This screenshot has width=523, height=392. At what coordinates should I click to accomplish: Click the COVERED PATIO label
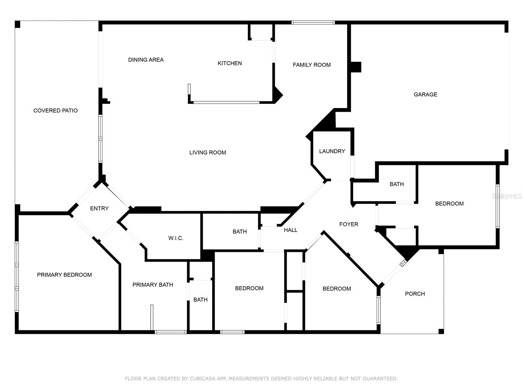point(55,110)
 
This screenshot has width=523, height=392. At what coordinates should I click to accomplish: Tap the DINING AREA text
point(146,60)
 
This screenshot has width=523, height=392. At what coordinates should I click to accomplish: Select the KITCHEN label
point(230,63)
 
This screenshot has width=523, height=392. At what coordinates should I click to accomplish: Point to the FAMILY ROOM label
point(312,65)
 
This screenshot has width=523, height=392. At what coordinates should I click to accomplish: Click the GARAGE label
point(425,94)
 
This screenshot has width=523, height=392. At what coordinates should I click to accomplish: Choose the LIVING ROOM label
point(208,153)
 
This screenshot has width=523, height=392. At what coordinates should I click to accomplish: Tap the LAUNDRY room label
point(332,151)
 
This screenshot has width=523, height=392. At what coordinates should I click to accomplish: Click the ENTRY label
point(99,208)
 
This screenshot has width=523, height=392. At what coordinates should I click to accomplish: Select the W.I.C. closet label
point(176,238)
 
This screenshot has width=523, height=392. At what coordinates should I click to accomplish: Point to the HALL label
point(291,230)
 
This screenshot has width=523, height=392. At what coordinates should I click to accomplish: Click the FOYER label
point(349,224)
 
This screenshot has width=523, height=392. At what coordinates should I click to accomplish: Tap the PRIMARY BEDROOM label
point(64,275)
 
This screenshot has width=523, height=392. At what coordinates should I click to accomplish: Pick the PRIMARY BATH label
point(153,285)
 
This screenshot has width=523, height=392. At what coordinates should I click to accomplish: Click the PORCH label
point(415,294)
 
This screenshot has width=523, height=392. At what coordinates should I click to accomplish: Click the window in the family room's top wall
point(313,23)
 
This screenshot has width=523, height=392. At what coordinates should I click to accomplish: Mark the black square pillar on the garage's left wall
point(356,67)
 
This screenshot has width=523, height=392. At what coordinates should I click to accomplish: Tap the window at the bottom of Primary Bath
point(171,332)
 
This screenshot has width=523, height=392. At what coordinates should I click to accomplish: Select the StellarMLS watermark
point(507,196)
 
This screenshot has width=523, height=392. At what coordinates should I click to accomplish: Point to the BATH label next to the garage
point(396,184)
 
